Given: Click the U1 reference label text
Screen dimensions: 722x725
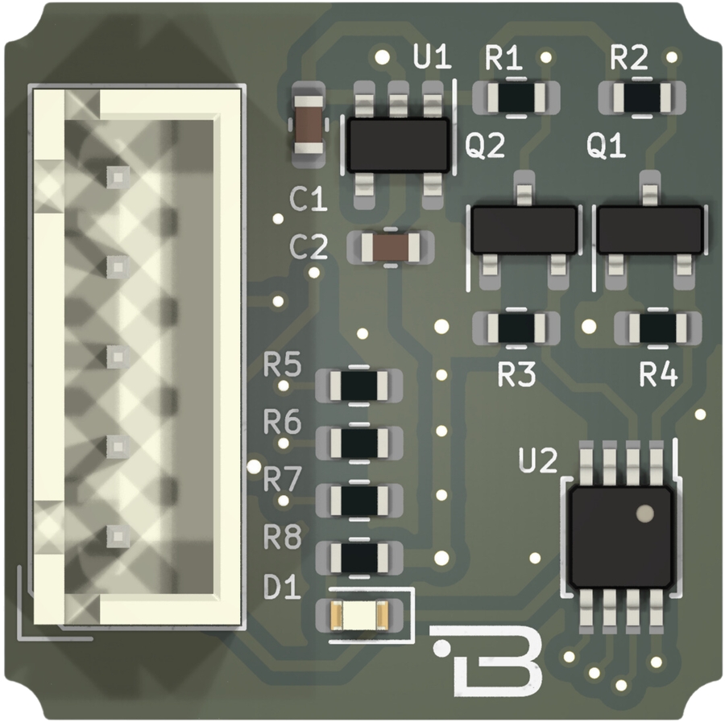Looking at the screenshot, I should click(432, 58).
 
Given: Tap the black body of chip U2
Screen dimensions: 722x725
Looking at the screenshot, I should click(619, 536).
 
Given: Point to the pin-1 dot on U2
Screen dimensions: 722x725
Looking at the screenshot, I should click(644, 512).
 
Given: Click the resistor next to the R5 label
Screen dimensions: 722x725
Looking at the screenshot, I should click(359, 386).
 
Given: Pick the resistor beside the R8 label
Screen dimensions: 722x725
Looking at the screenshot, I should click(359, 556).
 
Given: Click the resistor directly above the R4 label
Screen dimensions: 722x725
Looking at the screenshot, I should click(657, 327).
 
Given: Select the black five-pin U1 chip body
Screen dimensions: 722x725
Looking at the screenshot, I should click(398, 144).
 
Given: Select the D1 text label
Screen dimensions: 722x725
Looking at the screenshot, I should click(282, 589).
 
